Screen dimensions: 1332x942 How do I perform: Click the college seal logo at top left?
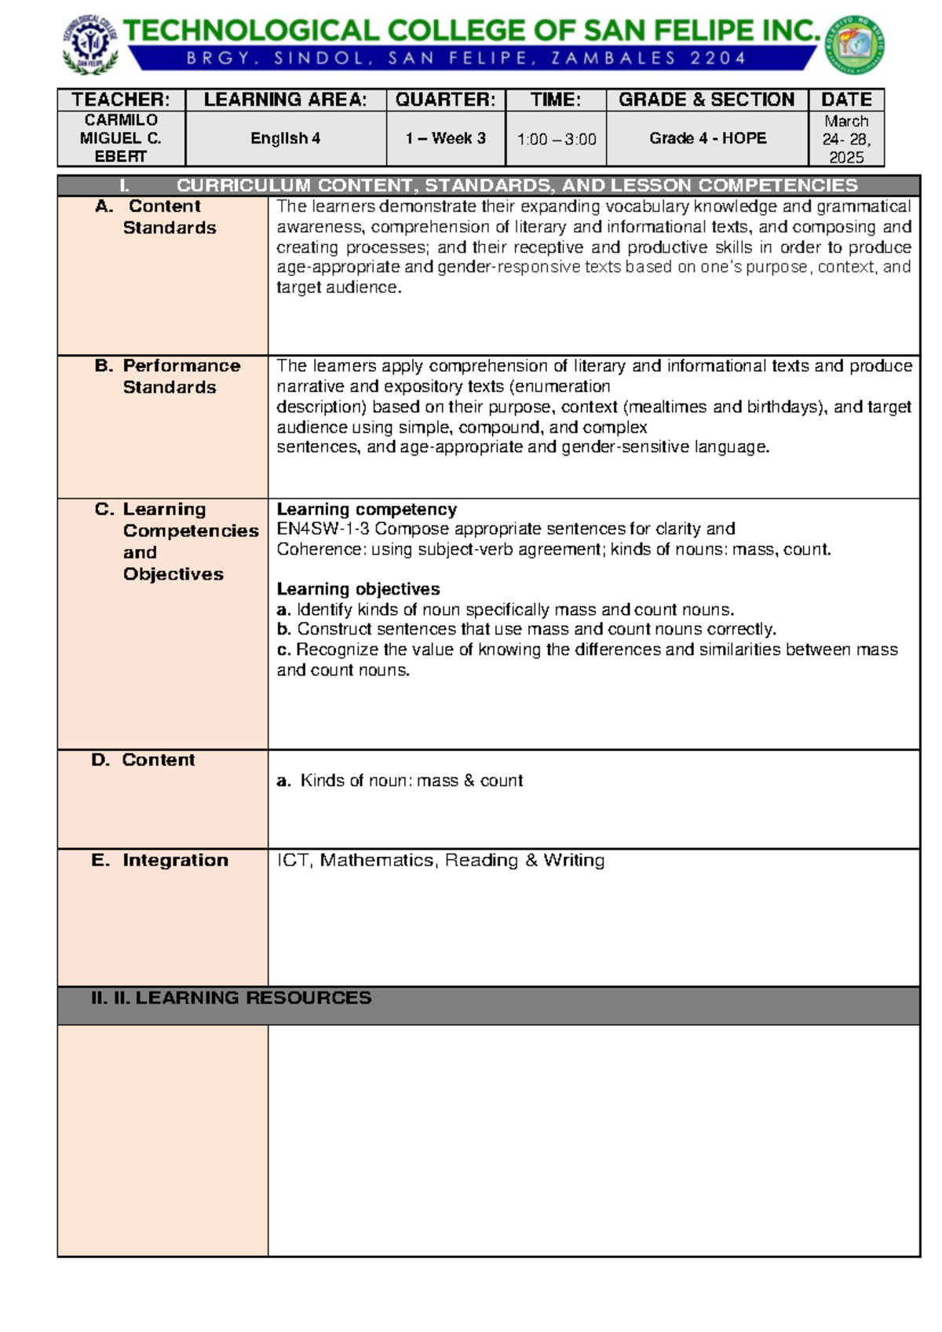coord(91,45)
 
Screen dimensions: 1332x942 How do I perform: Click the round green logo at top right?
coord(856,45)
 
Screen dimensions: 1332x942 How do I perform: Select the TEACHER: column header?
coord(121,100)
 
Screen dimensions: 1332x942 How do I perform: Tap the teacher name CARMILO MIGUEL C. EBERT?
coord(121,138)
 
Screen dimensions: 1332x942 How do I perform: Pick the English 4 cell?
coord(285,138)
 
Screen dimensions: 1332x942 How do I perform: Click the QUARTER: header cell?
coord(445,100)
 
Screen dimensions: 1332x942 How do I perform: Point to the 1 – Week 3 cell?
coord(445,138)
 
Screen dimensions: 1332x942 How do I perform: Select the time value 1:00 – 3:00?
coord(557,140)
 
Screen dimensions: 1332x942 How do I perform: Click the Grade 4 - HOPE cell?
coord(707,138)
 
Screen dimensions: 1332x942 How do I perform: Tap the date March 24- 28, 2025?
coord(846,139)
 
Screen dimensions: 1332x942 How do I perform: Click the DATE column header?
coord(846,100)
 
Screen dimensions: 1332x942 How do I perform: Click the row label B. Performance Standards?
coord(168,376)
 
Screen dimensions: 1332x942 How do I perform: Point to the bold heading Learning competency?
coord(367,509)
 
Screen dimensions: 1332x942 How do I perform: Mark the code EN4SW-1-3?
coord(323,529)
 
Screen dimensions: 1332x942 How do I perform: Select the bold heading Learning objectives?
coord(358,589)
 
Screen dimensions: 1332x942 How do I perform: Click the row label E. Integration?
coord(160,860)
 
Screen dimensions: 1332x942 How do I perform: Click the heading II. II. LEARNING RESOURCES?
coord(231,997)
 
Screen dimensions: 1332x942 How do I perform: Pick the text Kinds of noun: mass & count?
coord(411,781)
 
